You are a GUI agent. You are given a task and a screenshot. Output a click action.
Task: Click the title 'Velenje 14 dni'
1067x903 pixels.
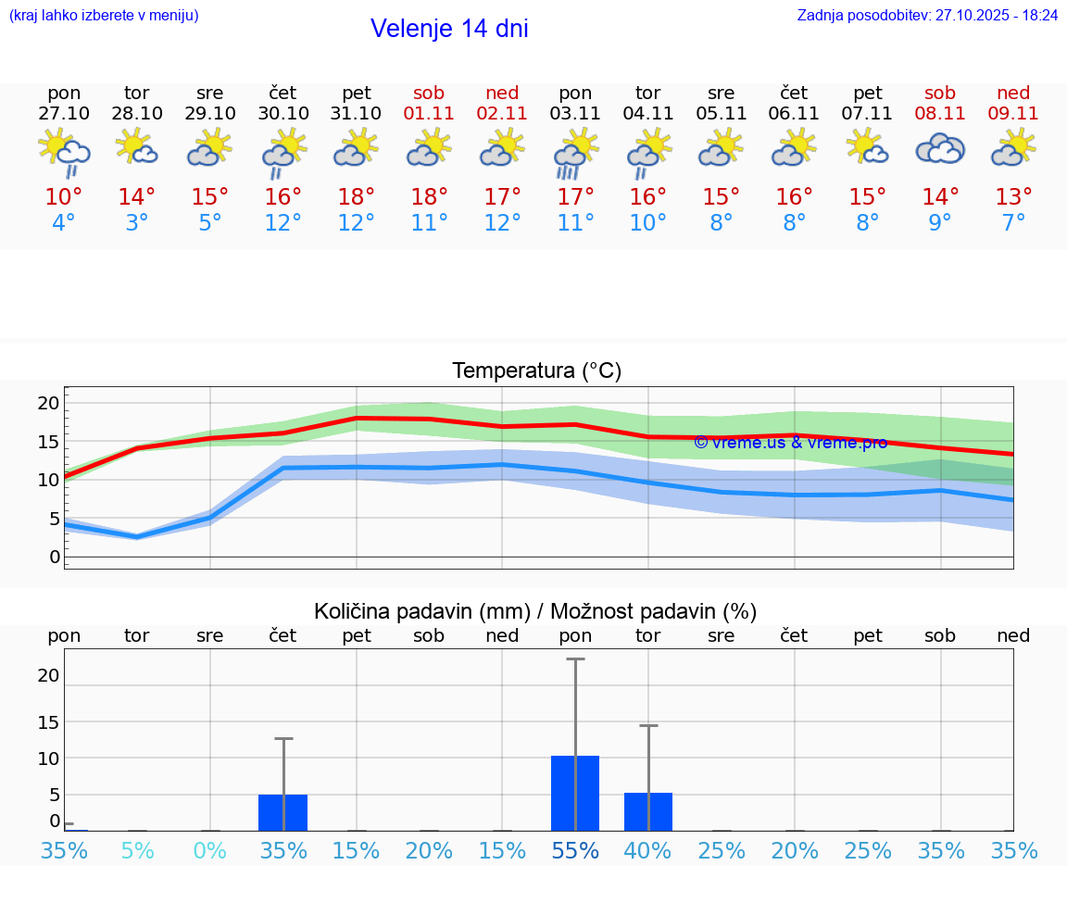449,29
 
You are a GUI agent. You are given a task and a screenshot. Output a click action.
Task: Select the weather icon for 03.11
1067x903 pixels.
575,152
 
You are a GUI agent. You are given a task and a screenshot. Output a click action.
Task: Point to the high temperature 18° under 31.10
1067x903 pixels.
357,196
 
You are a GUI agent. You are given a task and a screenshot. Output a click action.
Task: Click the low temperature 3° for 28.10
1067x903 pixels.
137,223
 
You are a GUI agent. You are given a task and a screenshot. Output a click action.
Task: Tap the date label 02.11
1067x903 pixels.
502,114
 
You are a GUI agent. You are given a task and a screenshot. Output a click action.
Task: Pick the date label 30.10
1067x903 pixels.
283,114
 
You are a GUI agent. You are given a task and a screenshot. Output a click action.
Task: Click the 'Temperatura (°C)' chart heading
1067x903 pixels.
536,371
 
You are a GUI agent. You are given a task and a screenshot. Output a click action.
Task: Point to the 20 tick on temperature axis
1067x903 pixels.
48,403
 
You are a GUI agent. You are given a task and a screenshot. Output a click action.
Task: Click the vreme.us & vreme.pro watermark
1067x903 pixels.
790,443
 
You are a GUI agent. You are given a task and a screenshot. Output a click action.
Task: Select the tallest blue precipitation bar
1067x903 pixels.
575,793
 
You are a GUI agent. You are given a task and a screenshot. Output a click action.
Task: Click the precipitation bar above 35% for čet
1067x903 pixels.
283,812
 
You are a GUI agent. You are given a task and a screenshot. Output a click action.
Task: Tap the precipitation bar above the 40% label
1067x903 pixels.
648,811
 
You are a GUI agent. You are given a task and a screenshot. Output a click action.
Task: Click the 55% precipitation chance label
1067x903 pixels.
575,850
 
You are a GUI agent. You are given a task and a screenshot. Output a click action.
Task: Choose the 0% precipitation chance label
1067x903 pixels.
210,850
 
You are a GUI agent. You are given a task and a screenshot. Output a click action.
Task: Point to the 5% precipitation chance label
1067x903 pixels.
137,850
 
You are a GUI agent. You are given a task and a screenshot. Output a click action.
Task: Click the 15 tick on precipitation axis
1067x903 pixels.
48,721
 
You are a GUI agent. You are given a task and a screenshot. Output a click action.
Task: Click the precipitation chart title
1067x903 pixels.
535,611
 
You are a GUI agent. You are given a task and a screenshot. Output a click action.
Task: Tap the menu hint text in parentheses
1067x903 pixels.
104,15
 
